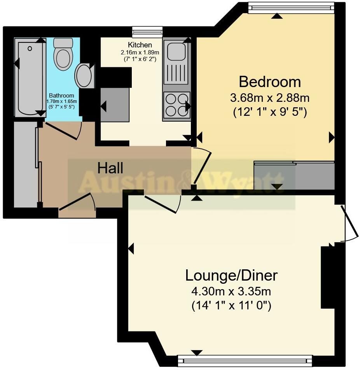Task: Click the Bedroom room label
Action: click(270, 82)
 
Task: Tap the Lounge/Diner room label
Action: click(231, 275)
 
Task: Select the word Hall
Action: click(110, 168)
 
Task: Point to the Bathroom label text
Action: click(61, 96)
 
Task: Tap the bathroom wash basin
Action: click(84, 76)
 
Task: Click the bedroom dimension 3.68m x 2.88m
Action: click(270, 97)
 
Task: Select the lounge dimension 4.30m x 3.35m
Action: click(231, 291)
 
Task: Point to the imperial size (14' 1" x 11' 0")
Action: click(231, 306)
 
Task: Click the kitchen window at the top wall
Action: click(147, 32)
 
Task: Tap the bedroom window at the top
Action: click(291, 8)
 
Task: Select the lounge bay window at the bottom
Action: click(245, 360)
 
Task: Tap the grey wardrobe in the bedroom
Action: click(294, 176)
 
